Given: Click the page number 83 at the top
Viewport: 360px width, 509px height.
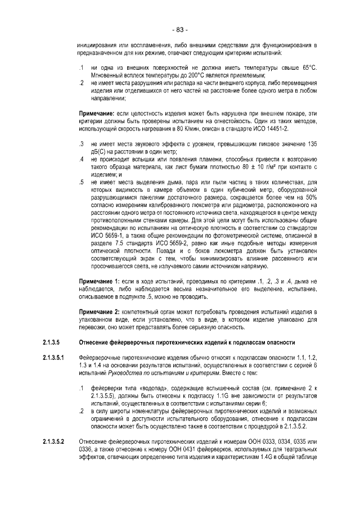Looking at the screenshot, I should coord(180,29).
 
